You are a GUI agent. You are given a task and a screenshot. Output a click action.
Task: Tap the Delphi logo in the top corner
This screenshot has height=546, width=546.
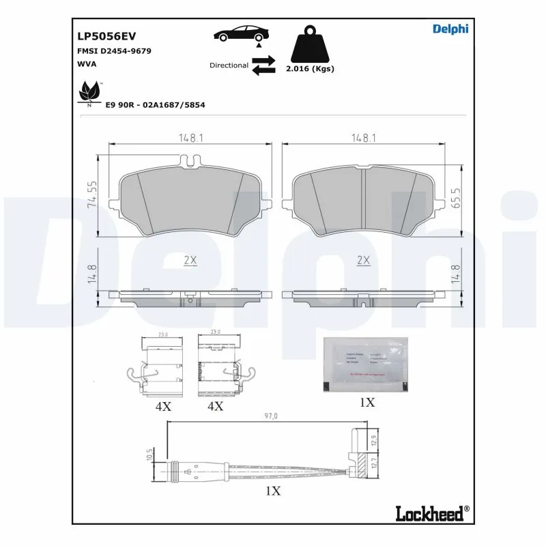[x=450, y=29]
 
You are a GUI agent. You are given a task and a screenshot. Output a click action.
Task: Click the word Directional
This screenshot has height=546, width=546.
[x=229, y=66]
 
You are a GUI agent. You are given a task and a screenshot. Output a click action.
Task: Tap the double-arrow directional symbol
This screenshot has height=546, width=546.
[x=263, y=66]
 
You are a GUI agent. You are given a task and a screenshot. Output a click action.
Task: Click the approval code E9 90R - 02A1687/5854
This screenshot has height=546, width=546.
[x=155, y=105]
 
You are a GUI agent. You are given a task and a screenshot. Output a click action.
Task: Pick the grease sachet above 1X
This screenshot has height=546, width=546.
[x=367, y=365]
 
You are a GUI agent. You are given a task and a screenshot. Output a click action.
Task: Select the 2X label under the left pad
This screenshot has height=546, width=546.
[x=190, y=260]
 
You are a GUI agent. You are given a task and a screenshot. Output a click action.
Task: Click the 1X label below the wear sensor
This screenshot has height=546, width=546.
[x=272, y=490]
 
